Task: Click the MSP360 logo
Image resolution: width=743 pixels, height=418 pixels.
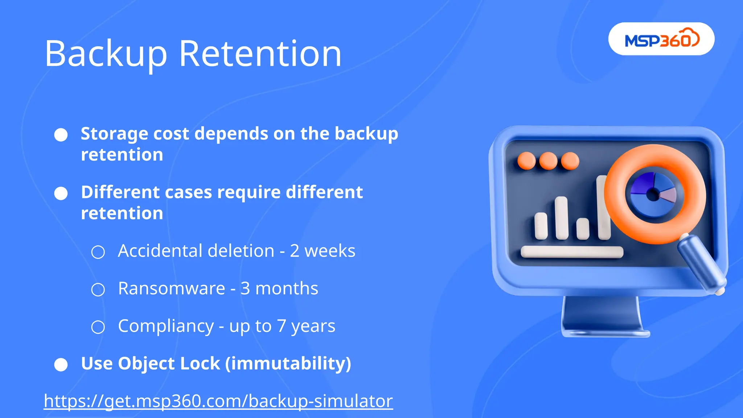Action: (x=661, y=39)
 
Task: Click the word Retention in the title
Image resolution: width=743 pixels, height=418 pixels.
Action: (x=260, y=54)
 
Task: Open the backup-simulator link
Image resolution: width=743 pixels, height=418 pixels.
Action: (x=218, y=401)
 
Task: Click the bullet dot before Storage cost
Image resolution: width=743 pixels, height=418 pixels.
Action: (x=61, y=135)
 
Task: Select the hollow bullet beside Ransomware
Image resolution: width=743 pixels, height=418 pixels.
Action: (x=98, y=290)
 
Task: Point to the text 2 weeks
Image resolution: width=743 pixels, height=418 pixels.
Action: (x=323, y=251)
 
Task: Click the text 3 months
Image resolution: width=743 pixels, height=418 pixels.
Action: (x=279, y=288)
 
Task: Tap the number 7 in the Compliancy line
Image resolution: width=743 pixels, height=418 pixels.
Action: (x=282, y=326)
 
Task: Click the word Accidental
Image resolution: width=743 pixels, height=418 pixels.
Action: (x=159, y=251)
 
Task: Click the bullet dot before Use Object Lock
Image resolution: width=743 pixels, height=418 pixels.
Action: (x=61, y=365)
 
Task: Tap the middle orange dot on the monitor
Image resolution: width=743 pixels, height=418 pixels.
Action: (x=548, y=161)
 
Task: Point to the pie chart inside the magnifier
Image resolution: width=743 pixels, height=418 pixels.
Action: (x=653, y=194)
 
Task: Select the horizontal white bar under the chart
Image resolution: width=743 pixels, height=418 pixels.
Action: (x=572, y=252)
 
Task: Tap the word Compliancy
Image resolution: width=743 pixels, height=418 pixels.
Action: (x=166, y=326)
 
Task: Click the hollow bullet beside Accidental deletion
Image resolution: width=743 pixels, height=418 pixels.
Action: (x=98, y=252)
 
